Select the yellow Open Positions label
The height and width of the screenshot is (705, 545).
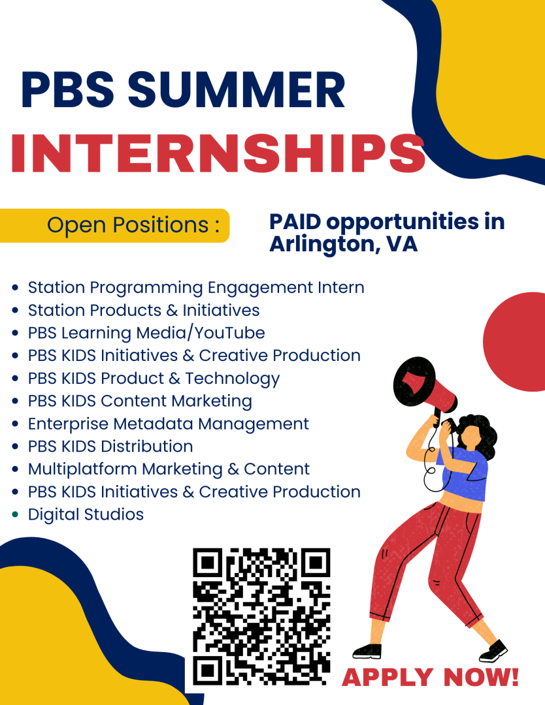click(115, 225)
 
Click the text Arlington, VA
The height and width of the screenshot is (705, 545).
click(343, 245)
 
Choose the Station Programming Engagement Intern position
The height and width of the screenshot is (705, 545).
click(195, 287)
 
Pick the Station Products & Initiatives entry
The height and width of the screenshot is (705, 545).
click(143, 310)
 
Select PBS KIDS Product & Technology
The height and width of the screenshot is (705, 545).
click(154, 379)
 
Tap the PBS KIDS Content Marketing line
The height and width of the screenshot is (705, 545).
click(140, 401)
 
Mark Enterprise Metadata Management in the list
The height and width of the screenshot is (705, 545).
click(168, 424)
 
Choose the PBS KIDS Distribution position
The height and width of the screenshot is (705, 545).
click(110, 446)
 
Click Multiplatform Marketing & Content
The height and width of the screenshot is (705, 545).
click(169, 469)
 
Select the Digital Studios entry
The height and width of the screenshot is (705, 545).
click(86, 514)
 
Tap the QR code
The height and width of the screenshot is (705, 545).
click(261, 615)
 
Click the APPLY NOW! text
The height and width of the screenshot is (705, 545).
click(431, 677)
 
